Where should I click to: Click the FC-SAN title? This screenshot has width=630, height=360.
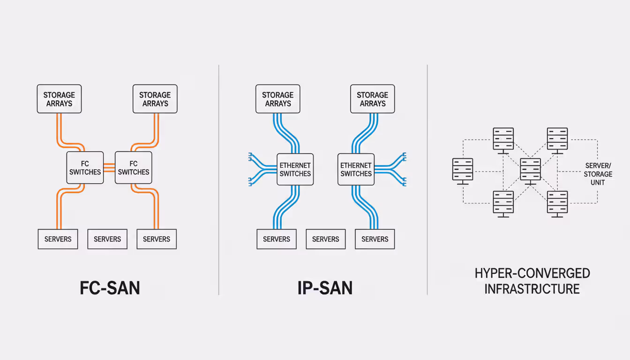click(x=110, y=288)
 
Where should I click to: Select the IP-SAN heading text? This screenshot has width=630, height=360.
click(x=325, y=288)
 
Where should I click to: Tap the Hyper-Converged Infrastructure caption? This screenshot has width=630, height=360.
click(x=532, y=281)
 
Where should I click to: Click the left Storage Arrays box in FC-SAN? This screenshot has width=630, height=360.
click(x=59, y=99)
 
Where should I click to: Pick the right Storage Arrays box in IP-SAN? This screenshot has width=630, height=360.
click(x=373, y=99)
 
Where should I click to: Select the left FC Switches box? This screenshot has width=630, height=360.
click(x=85, y=167)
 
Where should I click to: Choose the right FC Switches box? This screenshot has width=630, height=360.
click(x=134, y=167)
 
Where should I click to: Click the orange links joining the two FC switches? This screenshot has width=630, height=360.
click(x=109, y=167)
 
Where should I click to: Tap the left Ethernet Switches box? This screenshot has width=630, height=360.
click(x=295, y=169)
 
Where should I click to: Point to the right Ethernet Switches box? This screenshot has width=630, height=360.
click(x=356, y=169)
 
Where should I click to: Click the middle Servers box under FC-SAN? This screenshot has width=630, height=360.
click(x=107, y=239)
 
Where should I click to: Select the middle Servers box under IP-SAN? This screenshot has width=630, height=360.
click(x=325, y=239)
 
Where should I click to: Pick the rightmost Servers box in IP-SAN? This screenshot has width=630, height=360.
click(x=375, y=239)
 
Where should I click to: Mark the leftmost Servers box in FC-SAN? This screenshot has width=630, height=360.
click(x=58, y=239)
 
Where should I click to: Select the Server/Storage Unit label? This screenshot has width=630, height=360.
click(x=598, y=174)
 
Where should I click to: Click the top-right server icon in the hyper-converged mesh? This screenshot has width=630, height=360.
click(x=557, y=140)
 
